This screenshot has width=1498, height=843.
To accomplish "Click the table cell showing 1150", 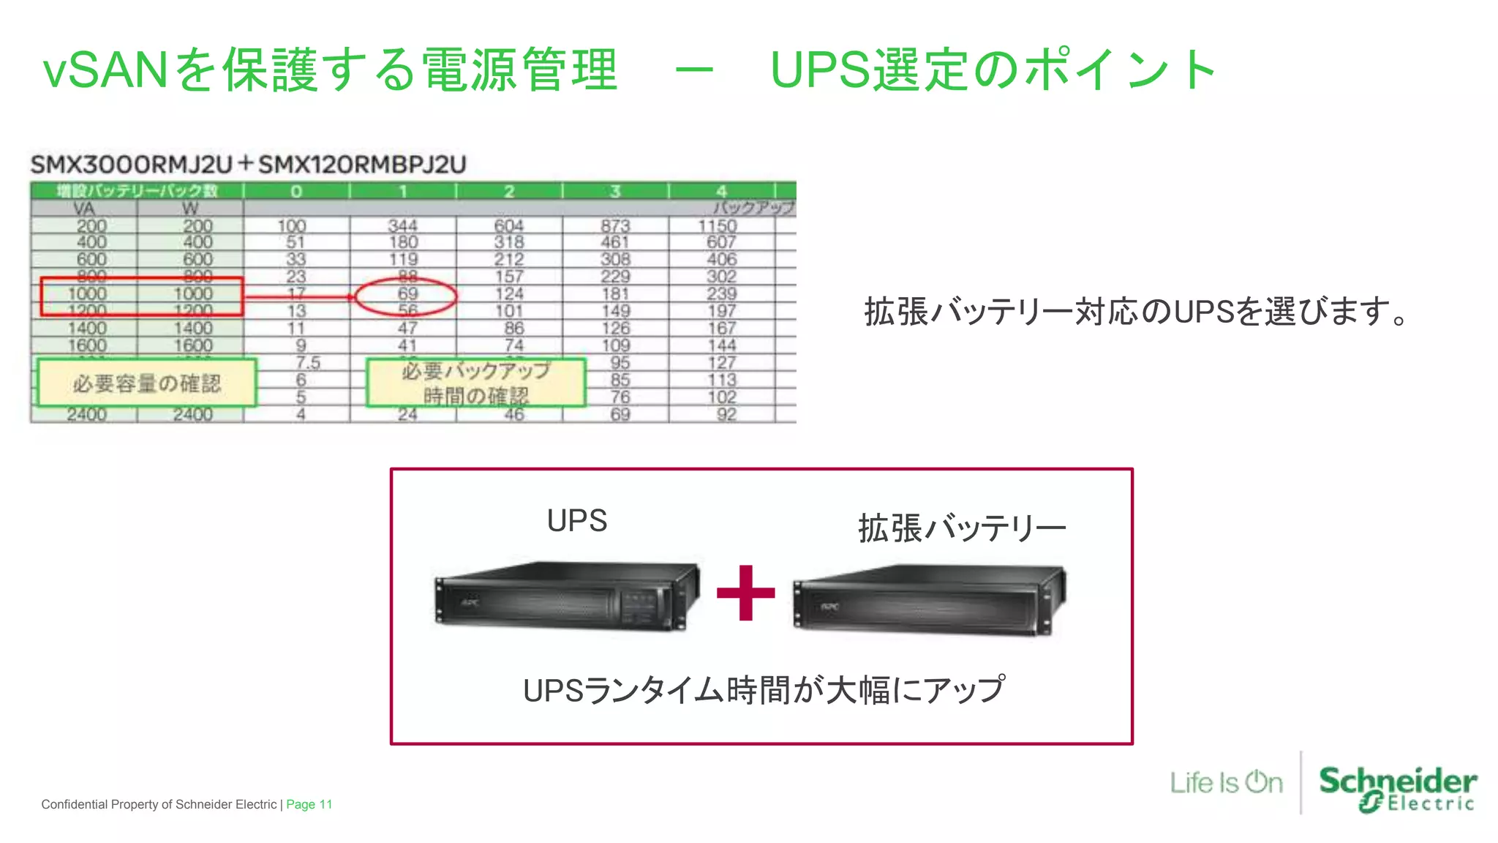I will tap(718, 226).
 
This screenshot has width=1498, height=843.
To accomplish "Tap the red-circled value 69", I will tap(407, 294).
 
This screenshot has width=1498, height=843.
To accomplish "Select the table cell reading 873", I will tap(615, 226).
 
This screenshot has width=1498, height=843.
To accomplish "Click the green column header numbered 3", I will tap(615, 191).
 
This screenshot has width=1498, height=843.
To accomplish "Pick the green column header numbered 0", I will tap(296, 191).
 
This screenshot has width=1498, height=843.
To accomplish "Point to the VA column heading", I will tap(84, 209).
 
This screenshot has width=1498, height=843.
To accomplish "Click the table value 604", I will tap(509, 226).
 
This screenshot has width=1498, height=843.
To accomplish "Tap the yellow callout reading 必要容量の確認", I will tap(146, 383).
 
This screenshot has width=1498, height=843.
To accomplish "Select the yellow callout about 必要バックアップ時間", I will tap(475, 383).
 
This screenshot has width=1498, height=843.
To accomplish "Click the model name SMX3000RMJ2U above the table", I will tap(132, 165).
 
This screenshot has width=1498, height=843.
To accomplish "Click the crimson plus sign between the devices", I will tap(745, 593).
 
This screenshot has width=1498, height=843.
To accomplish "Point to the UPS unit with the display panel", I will tap(566, 596).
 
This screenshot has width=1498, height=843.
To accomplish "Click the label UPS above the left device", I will tap(577, 521).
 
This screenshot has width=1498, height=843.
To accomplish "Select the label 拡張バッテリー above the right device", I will tap(961, 528).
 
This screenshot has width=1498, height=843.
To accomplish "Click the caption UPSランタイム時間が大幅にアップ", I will tap(764, 690).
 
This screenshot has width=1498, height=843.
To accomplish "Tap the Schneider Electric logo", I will tap(1397, 788).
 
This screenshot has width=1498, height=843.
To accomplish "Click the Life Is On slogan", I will tap(1226, 782).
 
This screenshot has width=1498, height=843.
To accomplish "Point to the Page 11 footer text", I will tap(309, 804).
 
